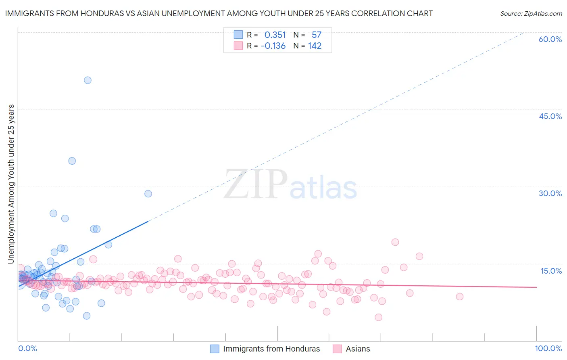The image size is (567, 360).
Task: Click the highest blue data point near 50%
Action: coord(88,80)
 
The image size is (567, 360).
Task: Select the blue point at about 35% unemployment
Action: coord(72,161)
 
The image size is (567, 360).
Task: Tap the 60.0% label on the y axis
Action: coord(550,39)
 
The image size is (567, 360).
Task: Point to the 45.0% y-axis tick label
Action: coord(550,116)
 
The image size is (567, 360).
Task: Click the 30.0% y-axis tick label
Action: coord(550,193)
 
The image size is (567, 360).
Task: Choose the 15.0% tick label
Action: coord(551,271)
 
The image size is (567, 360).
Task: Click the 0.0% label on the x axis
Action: coord(27,348)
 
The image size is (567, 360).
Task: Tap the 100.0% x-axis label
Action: coord(548,348)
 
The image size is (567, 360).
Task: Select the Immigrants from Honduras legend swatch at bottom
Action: coord(215,349)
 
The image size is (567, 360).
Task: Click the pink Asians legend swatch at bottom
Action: coord(337,349)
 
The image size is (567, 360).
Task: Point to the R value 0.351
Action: coord(275,35)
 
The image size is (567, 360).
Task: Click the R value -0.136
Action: coord(273,46)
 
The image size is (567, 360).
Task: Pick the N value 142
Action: coord(315,46)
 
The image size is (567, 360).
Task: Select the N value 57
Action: coord(316,35)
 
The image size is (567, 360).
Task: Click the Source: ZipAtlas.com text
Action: coord(531,13)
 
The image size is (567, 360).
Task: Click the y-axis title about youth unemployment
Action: coord(11,184)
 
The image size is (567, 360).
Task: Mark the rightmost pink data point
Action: coord(459,297)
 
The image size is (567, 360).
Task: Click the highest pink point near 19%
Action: coord(395,242)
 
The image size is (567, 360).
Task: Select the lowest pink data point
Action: coord(378,317)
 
